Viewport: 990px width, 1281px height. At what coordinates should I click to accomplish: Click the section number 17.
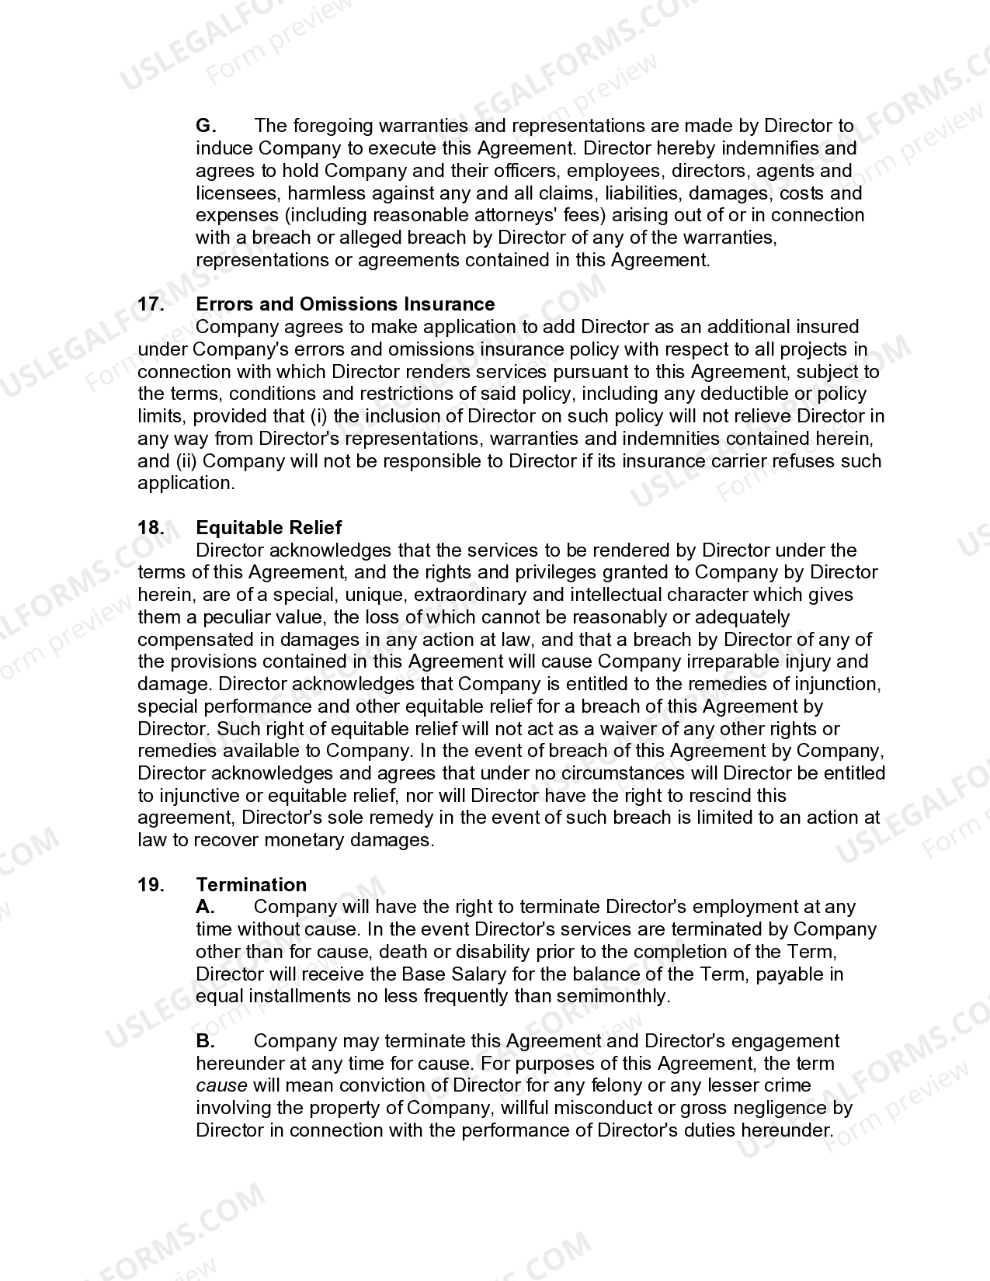pyautogui.click(x=151, y=304)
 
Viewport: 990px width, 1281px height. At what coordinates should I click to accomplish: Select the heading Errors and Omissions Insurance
pyautogui.click(x=345, y=304)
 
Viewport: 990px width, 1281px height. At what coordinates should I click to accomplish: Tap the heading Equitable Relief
pyautogui.click(x=269, y=528)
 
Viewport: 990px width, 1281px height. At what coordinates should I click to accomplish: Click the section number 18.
pyautogui.click(x=151, y=528)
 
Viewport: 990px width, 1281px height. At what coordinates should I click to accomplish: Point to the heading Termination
pyautogui.click(x=251, y=885)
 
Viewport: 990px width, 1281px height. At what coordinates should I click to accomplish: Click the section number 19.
pyautogui.click(x=151, y=885)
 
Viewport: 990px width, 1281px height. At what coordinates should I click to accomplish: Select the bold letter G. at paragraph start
pyautogui.click(x=206, y=126)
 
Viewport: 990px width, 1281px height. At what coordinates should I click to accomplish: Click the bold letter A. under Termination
pyautogui.click(x=205, y=907)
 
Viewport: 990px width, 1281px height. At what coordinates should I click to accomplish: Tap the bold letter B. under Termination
pyautogui.click(x=205, y=1041)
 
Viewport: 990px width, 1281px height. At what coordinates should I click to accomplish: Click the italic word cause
pyautogui.click(x=221, y=1086)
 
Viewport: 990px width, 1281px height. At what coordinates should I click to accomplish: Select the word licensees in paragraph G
pyautogui.click(x=234, y=193)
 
